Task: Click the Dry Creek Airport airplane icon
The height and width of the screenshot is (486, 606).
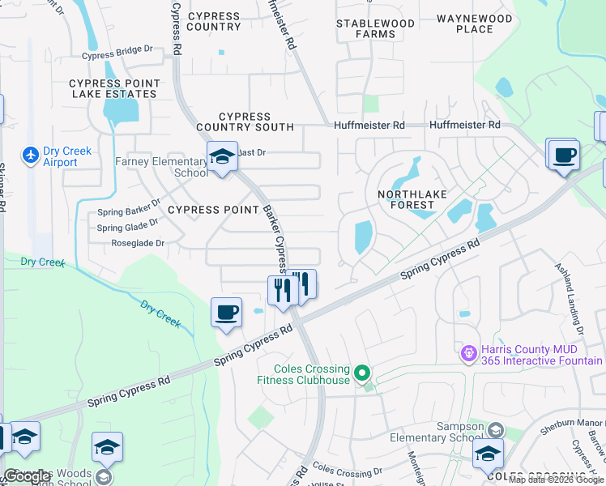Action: [31, 154]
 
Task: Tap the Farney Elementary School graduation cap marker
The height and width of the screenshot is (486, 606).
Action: [222, 157]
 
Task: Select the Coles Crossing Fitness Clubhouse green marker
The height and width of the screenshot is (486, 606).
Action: [363, 373]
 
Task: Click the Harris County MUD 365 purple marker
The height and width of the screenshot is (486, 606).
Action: [467, 353]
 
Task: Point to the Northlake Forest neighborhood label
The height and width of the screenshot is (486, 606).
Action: [406, 199]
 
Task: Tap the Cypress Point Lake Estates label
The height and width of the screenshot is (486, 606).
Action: [113, 88]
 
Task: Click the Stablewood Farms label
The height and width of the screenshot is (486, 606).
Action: [376, 28]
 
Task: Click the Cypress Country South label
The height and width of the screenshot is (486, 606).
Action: [245, 122]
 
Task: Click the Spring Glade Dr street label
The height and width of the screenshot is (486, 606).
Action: [127, 227]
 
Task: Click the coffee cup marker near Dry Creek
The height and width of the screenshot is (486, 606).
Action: [227, 312]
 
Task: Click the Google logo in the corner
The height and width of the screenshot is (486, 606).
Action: [28, 476]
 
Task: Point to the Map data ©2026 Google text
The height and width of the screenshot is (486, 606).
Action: [556, 480]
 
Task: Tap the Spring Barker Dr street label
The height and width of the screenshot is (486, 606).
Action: [128, 212]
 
